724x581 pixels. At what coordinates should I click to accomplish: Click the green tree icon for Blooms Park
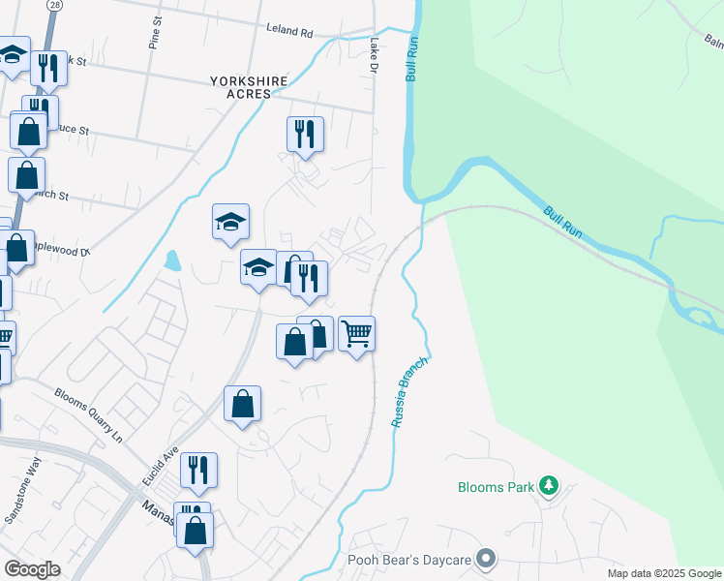pyautogui.click(x=549, y=484)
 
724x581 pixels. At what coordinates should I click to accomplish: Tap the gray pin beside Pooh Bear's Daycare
pyautogui.click(x=486, y=559)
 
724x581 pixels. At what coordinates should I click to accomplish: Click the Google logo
pyautogui.click(x=31, y=569)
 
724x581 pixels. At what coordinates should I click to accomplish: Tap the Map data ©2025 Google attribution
pyautogui.click(x=663, y=573)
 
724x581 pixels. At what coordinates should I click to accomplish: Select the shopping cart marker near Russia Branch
pyautogui.click(x=357, y=335)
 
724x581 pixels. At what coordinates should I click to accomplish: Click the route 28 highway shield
pyautogui.click(x=55, y=6)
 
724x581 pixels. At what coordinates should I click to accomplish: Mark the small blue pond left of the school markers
pyautogui.click(x=172, y=260)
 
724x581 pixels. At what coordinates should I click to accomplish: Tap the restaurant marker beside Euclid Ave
pyautogui.click(x=198, y=470)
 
